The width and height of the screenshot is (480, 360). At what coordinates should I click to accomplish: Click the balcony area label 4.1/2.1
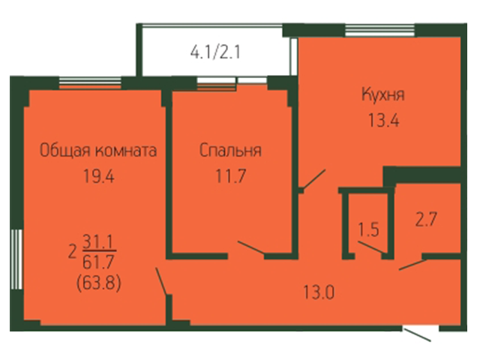(215, 52)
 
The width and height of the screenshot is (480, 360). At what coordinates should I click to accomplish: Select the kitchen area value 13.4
(383, 120)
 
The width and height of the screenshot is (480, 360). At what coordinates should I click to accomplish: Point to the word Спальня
(230, 150)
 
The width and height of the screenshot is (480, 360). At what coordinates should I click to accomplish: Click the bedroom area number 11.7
(231, 176)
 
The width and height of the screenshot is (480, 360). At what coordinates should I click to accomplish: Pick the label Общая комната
(98, 151)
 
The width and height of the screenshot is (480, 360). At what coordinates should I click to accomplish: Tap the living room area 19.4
(99, 177)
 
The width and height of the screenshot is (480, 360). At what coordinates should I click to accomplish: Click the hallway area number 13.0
(319, 292)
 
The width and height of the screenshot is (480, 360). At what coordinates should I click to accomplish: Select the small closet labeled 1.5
(368, 229)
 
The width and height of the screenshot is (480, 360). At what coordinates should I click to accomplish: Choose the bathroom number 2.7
(426, 219)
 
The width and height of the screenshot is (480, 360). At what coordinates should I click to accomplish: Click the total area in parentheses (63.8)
(98, 283)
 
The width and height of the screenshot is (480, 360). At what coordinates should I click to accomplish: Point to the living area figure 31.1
(98, 242)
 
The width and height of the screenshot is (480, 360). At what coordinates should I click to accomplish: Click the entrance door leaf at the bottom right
(418, 335)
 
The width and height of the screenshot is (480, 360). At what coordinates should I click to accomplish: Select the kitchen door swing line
(314, 178)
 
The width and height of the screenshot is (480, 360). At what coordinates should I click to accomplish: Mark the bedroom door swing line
(251, 247)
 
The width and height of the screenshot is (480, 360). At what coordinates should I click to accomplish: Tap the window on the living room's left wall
(16, 259)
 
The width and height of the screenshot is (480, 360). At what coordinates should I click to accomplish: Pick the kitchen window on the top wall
(380, 30)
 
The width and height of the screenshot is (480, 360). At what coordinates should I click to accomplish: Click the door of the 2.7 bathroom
(413, 265)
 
